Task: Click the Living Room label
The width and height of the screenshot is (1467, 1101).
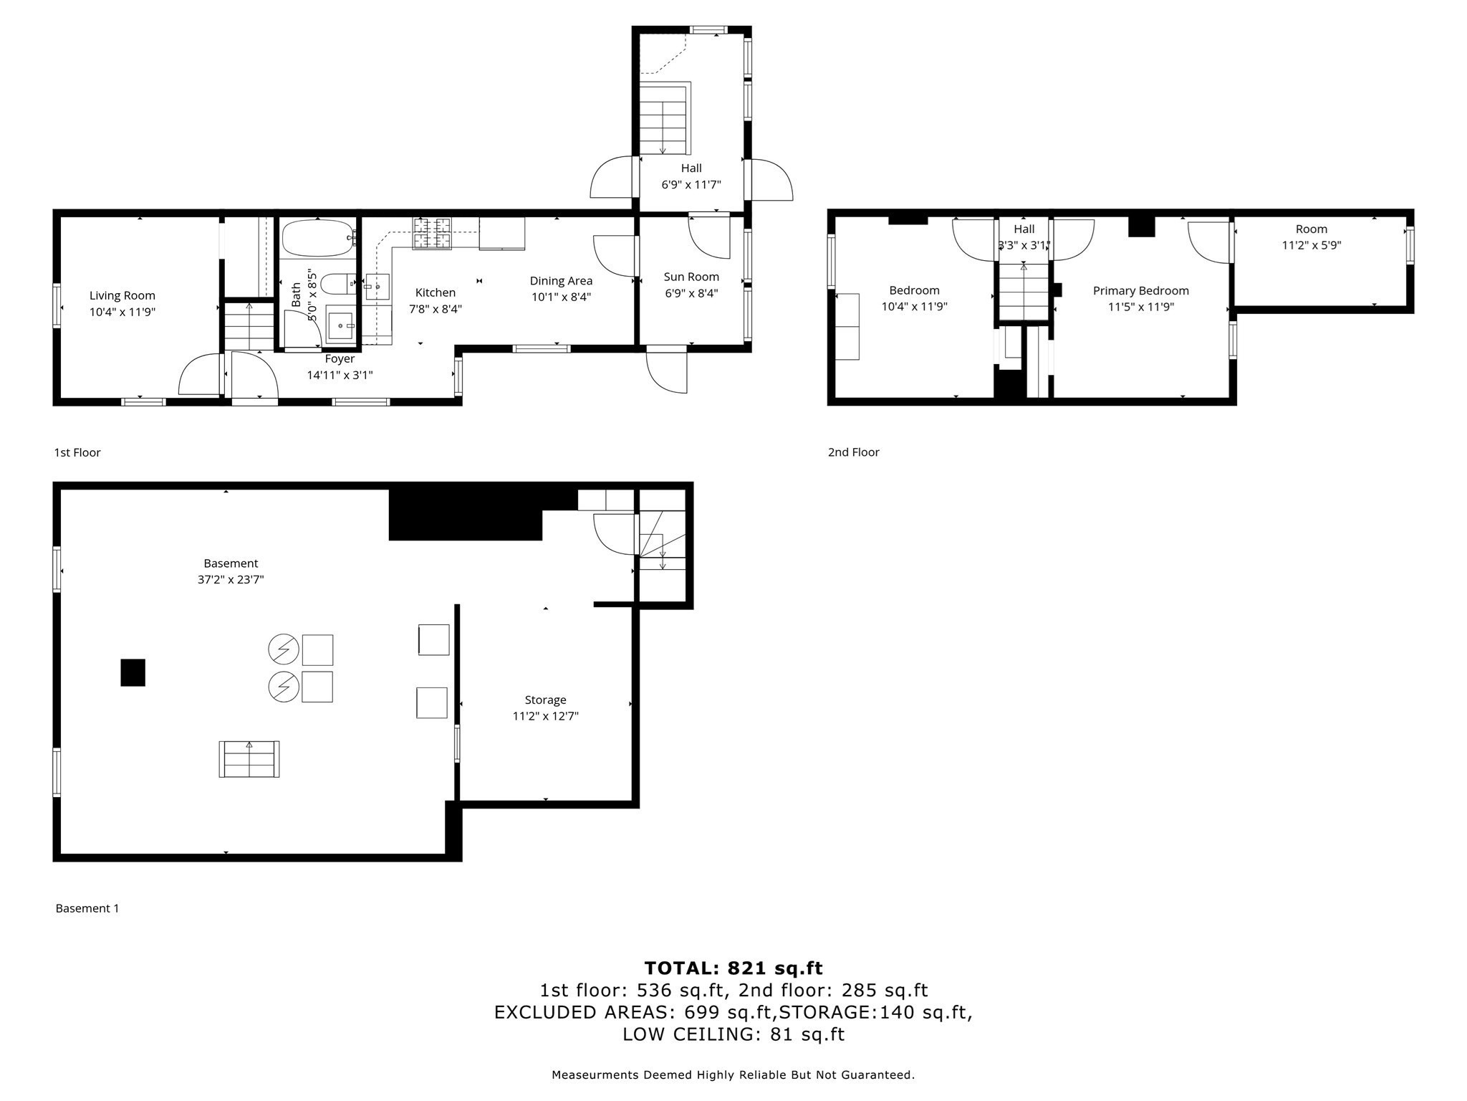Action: tap(122, 295)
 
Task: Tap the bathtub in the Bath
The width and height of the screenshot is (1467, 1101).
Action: tap(316, 238)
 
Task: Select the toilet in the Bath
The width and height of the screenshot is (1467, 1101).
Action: tap(337, 285)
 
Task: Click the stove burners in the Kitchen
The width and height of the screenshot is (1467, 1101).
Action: tap(431, 234)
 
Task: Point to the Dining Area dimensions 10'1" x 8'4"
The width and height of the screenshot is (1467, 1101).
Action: tap(561, 297)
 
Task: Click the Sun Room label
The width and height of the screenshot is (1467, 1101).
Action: tap(691, 277)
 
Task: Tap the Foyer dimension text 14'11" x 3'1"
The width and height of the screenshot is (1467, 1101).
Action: tap(340, 375)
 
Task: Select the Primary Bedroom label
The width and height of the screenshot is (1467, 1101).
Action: tap(1140, 290)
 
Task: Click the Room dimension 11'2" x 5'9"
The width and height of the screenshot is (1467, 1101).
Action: tap(1311, 245)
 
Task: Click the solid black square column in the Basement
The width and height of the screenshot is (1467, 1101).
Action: tap(133, 672)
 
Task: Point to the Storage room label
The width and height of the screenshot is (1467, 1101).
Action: tap(545, 700)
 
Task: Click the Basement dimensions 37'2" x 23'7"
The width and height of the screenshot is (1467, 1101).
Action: tap(231, 579)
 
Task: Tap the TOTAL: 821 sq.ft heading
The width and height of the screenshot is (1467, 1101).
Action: tap(733, 968)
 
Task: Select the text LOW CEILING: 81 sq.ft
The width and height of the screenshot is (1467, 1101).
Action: tap(733, 1034)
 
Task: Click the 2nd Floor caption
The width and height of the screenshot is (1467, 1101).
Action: tap(853, 452)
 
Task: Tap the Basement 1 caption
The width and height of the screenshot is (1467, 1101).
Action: tap(87, 908)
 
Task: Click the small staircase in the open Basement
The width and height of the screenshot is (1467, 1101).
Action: tap(249, 759)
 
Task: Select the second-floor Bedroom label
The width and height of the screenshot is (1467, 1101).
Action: tap(914, 290)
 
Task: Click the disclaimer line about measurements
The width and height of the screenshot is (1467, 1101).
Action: tap(733, 1074)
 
